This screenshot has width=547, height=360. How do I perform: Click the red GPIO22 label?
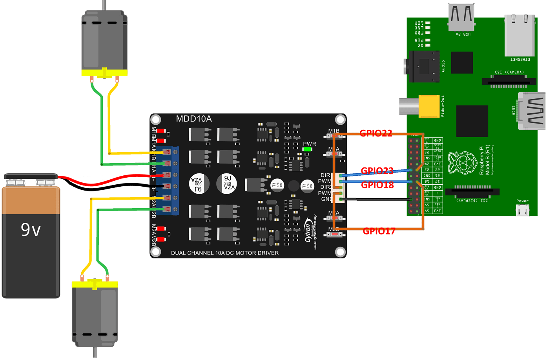(x=376, y=133)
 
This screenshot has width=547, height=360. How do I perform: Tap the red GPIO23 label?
(x=377, y=171)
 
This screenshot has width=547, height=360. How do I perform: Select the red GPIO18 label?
(x=377, y=185)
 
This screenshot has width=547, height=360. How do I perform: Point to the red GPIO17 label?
(x=379, y=231)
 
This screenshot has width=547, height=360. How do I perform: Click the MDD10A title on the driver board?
(x=194, y=119)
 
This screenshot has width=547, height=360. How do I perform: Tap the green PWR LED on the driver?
(x=307, y=149)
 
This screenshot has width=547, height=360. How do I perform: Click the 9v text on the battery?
(x=31, y=230)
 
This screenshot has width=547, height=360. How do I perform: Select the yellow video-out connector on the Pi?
(x=428, y=106)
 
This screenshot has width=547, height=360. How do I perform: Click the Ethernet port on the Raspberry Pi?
(x=520, y=36)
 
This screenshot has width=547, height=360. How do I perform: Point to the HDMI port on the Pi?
(x=532, y=111)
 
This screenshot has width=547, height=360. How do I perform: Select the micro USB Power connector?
(x=522, y=211)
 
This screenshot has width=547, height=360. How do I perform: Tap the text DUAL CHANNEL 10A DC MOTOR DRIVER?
(x=225, y=253)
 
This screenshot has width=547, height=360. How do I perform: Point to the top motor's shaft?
(x=104, y=5)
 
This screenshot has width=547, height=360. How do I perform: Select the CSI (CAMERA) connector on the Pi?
(x=509, y=81)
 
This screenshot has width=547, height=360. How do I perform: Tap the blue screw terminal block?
(x=171, y=180)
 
